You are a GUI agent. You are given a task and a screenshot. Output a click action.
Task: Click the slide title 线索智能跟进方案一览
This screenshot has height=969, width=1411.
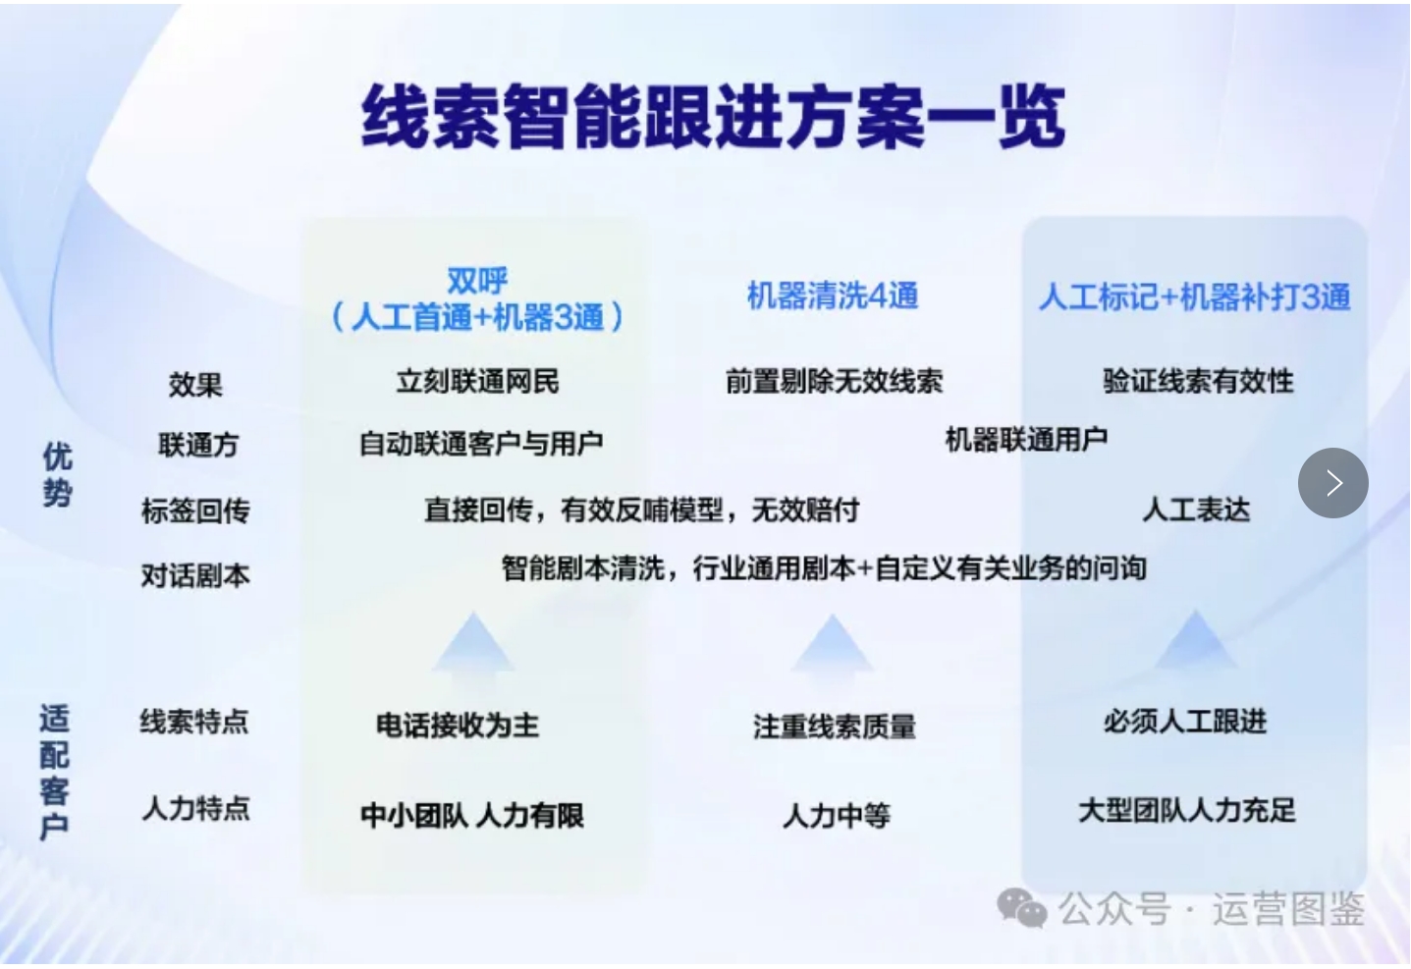point(713,117)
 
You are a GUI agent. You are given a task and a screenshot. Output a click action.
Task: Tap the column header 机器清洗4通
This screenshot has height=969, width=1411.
point(832,296)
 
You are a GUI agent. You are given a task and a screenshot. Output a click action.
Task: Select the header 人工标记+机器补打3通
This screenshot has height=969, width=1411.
point(1194,296)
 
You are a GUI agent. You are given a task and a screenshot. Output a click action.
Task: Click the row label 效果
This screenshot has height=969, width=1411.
point(195,384)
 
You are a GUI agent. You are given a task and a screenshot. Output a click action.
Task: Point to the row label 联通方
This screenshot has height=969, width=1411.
point(197,445)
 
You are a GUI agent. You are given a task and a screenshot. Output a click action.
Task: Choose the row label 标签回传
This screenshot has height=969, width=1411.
point(196,510)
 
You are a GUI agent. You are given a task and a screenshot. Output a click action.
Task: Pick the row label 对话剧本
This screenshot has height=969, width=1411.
point(196,575)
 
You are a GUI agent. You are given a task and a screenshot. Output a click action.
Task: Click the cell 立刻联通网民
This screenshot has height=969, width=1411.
point(477,381)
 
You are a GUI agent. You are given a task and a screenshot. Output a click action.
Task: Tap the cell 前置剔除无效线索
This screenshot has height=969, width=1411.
point(834,381)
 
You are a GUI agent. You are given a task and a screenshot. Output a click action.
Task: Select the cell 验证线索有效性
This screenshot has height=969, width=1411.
point(1198,381)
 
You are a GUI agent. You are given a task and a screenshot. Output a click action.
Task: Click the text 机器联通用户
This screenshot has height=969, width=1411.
point(1027,439)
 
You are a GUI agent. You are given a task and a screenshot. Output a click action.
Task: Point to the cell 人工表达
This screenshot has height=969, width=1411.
point(1196,510)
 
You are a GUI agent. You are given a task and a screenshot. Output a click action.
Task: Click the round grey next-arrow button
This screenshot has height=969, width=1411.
point(1332,483)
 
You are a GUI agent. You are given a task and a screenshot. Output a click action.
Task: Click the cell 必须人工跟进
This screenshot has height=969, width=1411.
point(1185,721)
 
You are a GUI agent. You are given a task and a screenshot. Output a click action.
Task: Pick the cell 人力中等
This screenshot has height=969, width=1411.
point(837,816)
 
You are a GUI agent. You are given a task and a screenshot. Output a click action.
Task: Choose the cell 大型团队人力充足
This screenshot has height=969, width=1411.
point(1187,810)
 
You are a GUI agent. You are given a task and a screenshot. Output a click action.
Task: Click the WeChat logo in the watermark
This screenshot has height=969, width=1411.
point(1021,908)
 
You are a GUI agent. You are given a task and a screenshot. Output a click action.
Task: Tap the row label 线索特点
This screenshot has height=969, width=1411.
point(194,721)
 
